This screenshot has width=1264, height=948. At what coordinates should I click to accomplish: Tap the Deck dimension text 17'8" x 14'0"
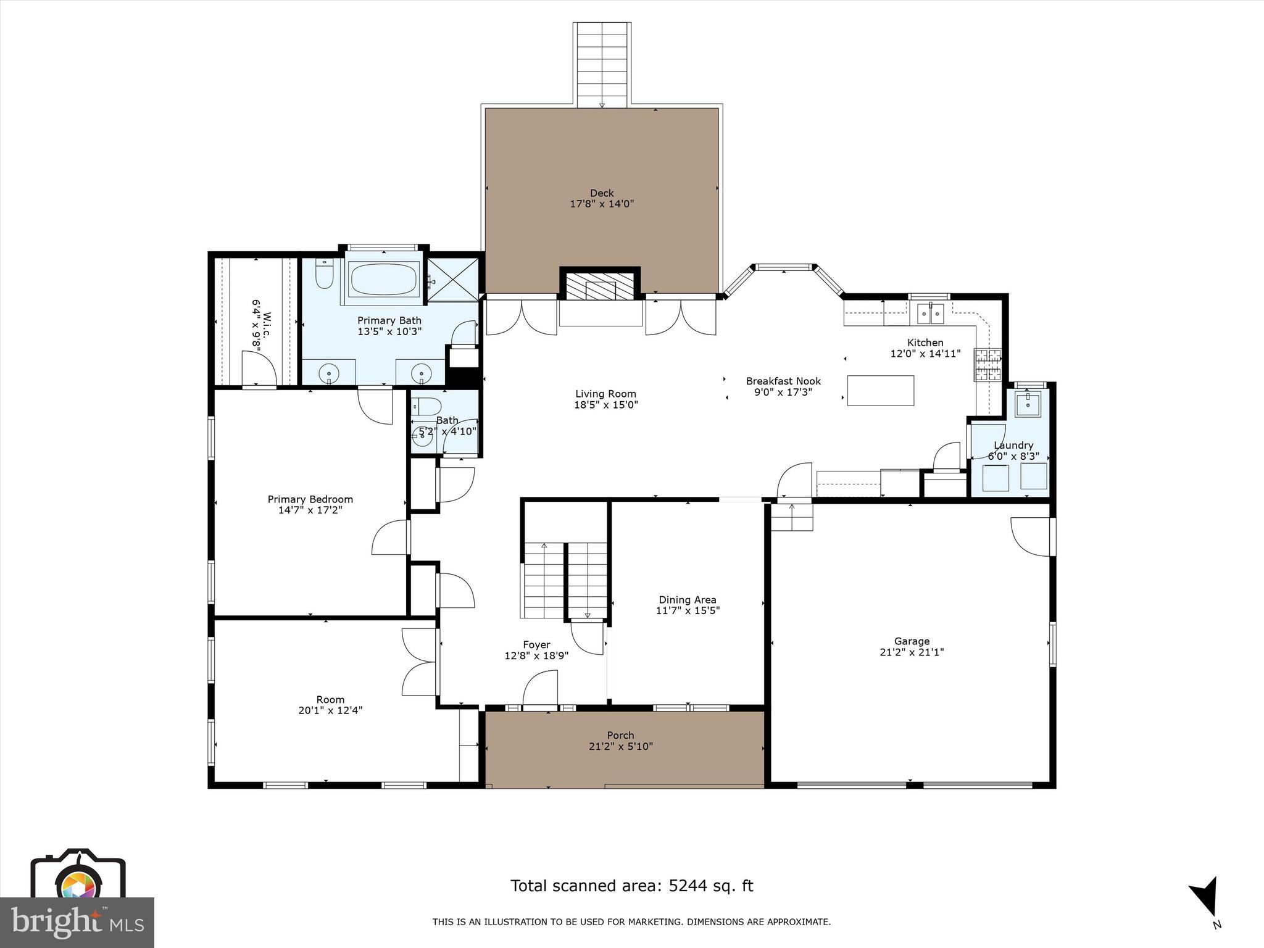[x=602, y=204]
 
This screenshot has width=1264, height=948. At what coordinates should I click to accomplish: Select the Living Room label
[x=605, y=394]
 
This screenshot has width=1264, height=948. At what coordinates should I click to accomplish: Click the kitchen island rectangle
[x=881, y=390]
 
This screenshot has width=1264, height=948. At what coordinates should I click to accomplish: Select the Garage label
[x=912, y=641]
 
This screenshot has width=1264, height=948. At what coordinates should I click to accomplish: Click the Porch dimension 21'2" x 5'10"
[x=620, y=746]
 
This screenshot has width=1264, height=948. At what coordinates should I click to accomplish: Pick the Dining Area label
[x=688, y=600]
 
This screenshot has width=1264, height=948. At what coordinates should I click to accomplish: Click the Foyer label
[x=536, y=644]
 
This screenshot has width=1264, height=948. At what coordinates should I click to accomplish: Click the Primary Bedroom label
[x=310, y=499]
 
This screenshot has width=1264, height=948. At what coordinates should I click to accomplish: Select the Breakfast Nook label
[x=783, y=381]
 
